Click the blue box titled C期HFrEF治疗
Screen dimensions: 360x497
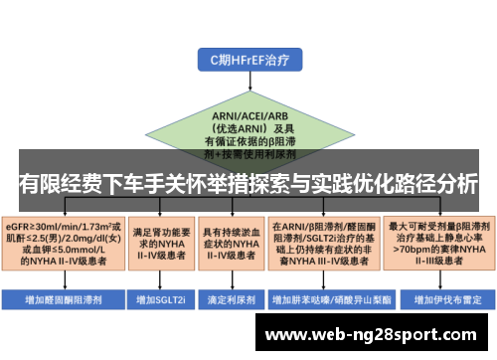tap(248, 60)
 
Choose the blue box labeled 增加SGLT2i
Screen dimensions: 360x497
tap(160, 297)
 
